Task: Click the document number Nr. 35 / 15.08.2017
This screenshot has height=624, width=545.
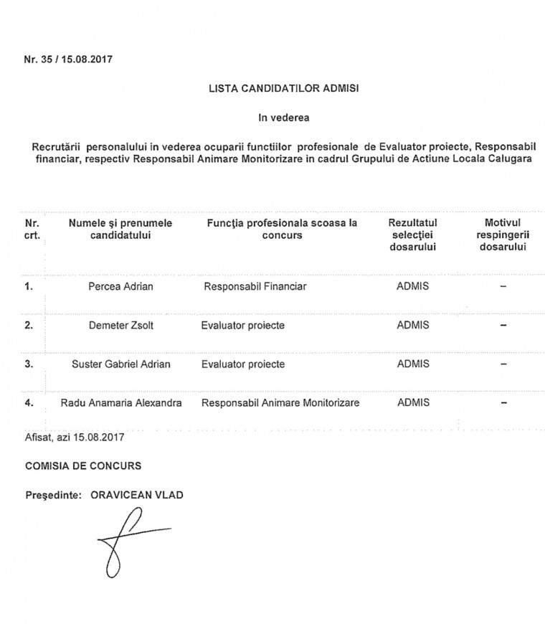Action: coord(69,60)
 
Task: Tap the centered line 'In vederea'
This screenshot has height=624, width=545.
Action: coord(284,116)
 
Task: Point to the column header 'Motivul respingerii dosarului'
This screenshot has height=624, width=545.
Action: coord(502,235)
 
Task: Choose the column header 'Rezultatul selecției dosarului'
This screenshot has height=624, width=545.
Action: coord(412,235)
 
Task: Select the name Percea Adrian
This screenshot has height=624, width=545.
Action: coord(120,287)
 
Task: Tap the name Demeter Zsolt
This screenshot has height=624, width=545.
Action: coord(120,325)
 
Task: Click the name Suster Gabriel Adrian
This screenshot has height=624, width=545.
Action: coord(120,364)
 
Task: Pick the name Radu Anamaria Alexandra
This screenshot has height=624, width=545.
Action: coord(120,403)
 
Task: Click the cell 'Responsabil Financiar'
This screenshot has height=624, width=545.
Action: coord(255,287)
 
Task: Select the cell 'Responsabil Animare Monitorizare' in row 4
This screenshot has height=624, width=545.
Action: coord(280,403)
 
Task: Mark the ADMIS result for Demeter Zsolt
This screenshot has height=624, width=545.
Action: coord(412,325)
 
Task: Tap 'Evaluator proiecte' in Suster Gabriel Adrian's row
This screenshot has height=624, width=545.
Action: coord(242,364)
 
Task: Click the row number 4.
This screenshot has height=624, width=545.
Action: coord(29,403)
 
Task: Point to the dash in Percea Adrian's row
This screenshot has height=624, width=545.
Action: coord(503,287)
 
